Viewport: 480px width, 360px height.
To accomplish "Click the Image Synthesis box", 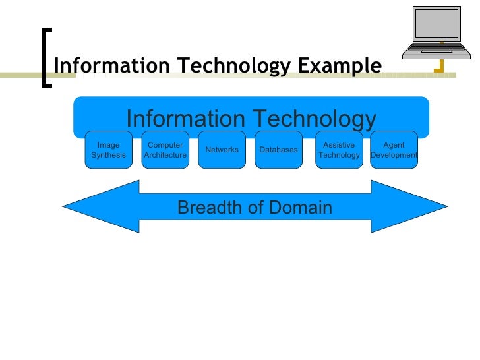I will [108, 150].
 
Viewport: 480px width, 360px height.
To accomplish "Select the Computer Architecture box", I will [165, 150].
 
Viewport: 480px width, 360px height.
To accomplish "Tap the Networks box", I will [222, 150].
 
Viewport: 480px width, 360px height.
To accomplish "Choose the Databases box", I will [278, 150].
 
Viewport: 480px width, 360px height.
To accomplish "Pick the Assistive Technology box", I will [339, 150].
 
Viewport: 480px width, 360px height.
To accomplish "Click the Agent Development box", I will [394, 150].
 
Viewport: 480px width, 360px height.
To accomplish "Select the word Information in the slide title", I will [102, 66].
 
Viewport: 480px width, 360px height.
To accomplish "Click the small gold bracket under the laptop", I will [438, 65].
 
